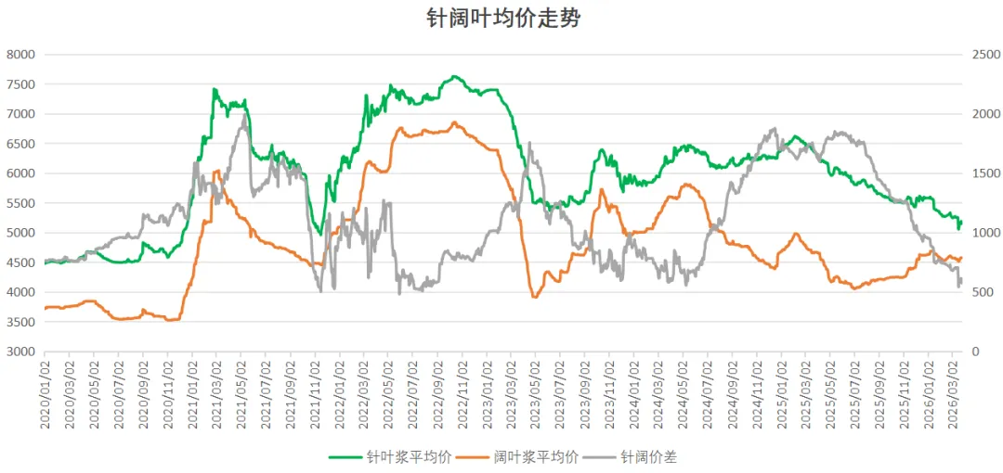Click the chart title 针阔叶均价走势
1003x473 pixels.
click(x=502, y=19)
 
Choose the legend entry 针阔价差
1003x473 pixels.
click(x=655, y=456)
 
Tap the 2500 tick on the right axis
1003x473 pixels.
click(x=983, y=55)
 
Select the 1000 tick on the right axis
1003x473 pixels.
click(x=983, y=233)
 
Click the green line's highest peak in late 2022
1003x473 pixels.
click(x=453, y=76)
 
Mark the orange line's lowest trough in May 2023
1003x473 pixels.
click(x=534, y=297)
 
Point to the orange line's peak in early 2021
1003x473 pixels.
click(x=217, y=171)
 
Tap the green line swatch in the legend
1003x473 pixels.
click(x=345, y=456)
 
